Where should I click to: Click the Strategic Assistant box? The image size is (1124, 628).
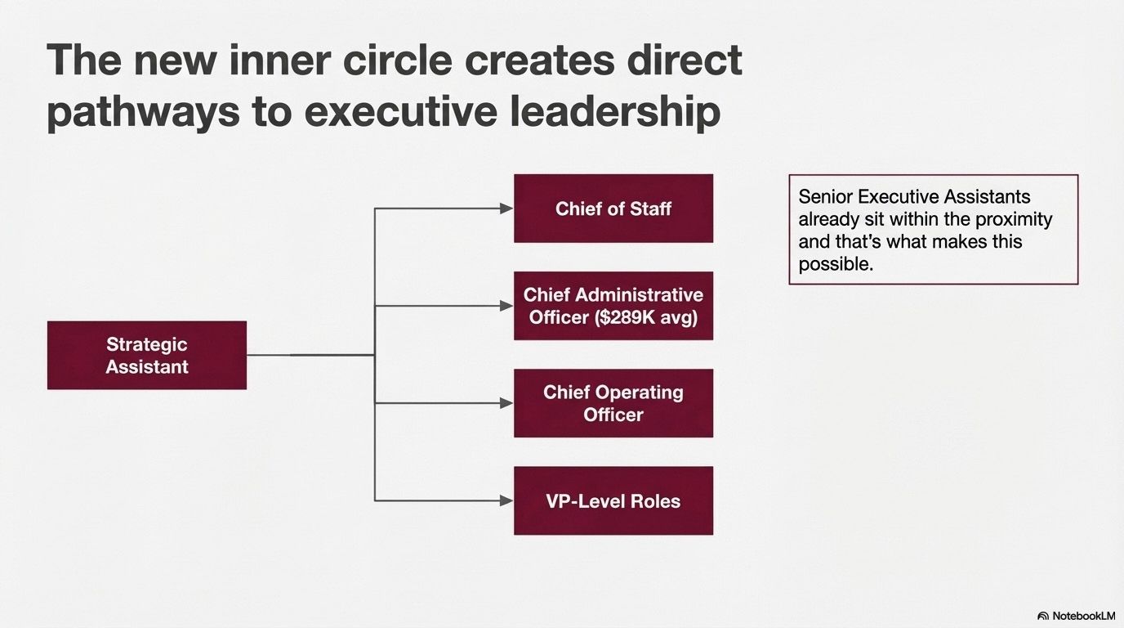tap(147, 355)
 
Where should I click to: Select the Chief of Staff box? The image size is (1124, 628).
tap(613, 209)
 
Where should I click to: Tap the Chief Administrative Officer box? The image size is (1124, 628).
tap(613, 306)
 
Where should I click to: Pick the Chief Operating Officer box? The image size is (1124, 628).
tap(613, 403)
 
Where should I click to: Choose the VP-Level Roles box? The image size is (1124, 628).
tap(613, 500)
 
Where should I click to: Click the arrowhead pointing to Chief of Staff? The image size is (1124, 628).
tap(506, 209)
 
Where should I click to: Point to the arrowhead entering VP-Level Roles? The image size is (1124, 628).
tap(506, 500)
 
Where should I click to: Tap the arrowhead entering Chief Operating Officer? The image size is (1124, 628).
tap(506, 403)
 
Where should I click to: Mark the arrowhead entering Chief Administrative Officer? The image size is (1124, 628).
tap(506, 306)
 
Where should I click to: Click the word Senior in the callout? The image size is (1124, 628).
tap(824, 197)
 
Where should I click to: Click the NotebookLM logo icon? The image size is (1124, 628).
tap(1043, 616)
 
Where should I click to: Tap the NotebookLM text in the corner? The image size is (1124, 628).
tap(1084, 616)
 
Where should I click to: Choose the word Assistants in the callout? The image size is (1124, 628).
tap(989, 197)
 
